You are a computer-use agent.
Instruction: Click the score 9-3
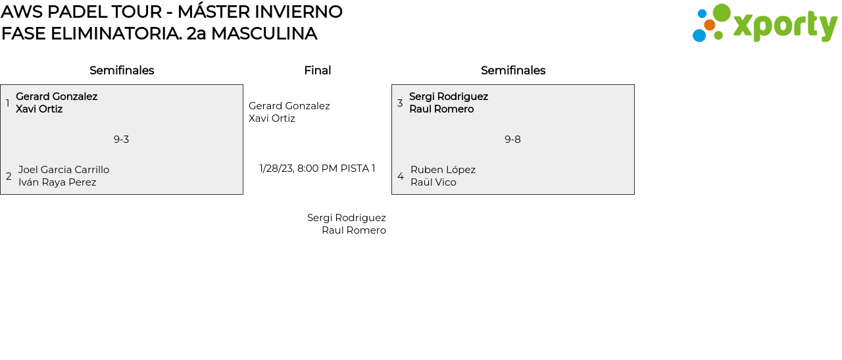pyautogui.click(x=121, y=140)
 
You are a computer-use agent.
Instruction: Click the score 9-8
pyautogui.click(x=512, y=140)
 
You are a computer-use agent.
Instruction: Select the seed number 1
pyautogui.click(x=8, y=103)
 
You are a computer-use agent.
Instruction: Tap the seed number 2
pyautogui.click(x=9, y=176)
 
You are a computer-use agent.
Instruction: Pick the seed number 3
pyautogui.click(x=400, y=103)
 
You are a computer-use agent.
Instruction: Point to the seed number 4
pyautogui.click(x=401, y=176)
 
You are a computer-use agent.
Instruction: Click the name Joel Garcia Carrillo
pyautogui.click(x=64, y=170)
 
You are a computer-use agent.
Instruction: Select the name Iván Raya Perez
pyautogui.click(x=57, y=182)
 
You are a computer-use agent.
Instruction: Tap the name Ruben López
pyautogui.click(x=443, y=170)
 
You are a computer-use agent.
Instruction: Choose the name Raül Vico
pyautogui.click(x=433, y=182)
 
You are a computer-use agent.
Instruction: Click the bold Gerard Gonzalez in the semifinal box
pyautogui.click(x=57, y=97)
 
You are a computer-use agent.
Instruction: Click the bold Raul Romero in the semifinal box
pyautogui.click(x=441, y=109)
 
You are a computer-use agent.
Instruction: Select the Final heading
pyautogui.click(x=317, y=70)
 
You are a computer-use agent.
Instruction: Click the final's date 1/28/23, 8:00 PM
pyautogui.click(x=298, y=168)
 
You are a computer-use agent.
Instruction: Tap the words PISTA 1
pyautogui.click(x=358, y=168)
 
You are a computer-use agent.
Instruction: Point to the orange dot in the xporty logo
pyautogui.click(x=709, y=25)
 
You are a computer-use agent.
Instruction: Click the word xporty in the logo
pyautogui.click(x=785, y=26)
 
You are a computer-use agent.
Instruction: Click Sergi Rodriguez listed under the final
pyautogui.click(x=346, y=218)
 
